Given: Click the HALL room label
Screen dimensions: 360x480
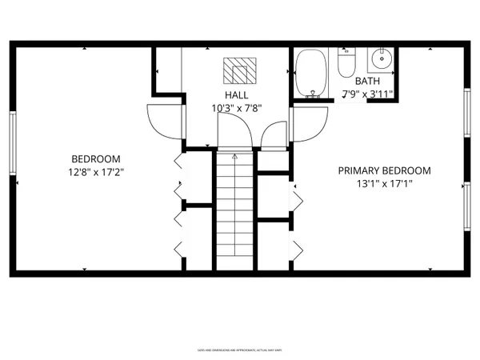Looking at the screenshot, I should point(236,94).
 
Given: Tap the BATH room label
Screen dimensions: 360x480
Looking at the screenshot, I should point(367,81).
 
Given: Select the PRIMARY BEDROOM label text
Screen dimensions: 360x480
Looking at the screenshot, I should point(384,170).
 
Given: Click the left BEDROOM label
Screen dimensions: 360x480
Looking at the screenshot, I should point(96,158).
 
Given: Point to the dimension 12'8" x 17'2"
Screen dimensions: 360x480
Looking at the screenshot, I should point(96,171).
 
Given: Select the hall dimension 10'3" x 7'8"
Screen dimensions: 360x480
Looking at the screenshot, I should point(236,107).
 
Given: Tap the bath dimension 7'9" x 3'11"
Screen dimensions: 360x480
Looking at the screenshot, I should point(367,94).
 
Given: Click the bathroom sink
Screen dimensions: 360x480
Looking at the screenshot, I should point(381,58).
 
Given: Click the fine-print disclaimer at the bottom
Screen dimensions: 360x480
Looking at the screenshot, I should point(240,350).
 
